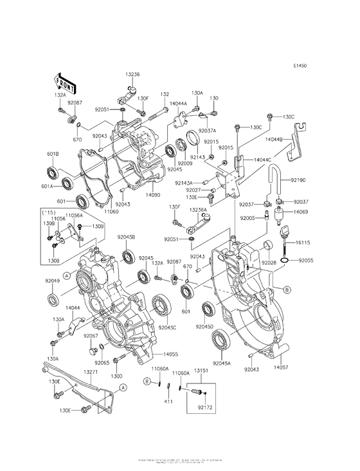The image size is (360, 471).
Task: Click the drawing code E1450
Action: tap(301, 66)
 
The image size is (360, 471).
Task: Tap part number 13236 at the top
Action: tap(133, 74)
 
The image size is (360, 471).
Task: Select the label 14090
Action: tap(152, 194)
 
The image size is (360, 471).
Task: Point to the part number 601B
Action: tap(53, 154)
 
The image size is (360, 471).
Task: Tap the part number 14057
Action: tap(281, 367)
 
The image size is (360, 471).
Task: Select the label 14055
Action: tap(170, 354)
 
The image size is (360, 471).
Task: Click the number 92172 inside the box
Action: tap(205, 408)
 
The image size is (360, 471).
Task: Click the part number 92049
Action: tap(53, 281)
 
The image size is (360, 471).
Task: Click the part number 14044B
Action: tap(292, 139)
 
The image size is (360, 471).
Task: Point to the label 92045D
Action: tap(204, 328)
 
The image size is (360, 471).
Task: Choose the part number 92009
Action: tap(186, 163)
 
